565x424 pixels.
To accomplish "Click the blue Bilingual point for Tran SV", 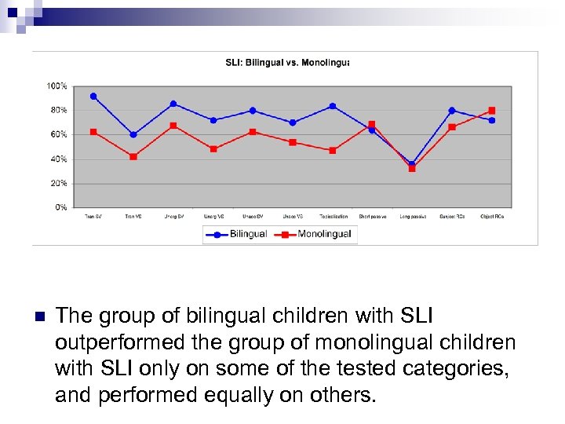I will click(93, 97).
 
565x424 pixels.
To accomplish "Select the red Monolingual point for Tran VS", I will click(133, 156).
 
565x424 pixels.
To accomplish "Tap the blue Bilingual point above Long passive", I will click(412, 164).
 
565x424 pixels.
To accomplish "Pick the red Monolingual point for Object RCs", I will click(492, 111).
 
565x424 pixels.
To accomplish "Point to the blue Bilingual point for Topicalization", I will click(333, 106).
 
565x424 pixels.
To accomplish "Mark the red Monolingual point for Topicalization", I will click(333, 150).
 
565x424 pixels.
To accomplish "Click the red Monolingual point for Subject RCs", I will click(452, 127).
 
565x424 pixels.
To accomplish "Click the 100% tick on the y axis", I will click(56, 86).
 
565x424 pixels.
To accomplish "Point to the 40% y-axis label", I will click(58, 159).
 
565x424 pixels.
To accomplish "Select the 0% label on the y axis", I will click(60, 207).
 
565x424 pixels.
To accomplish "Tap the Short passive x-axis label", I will click(372, 217).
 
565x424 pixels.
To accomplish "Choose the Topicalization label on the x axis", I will click(333, 217).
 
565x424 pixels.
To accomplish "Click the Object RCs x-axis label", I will click(492, 217).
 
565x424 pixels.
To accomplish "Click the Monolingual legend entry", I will click(314, 234).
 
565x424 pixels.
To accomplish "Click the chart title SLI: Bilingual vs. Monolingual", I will click(283, 62).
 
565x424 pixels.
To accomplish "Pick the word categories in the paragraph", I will click(450, 369).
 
